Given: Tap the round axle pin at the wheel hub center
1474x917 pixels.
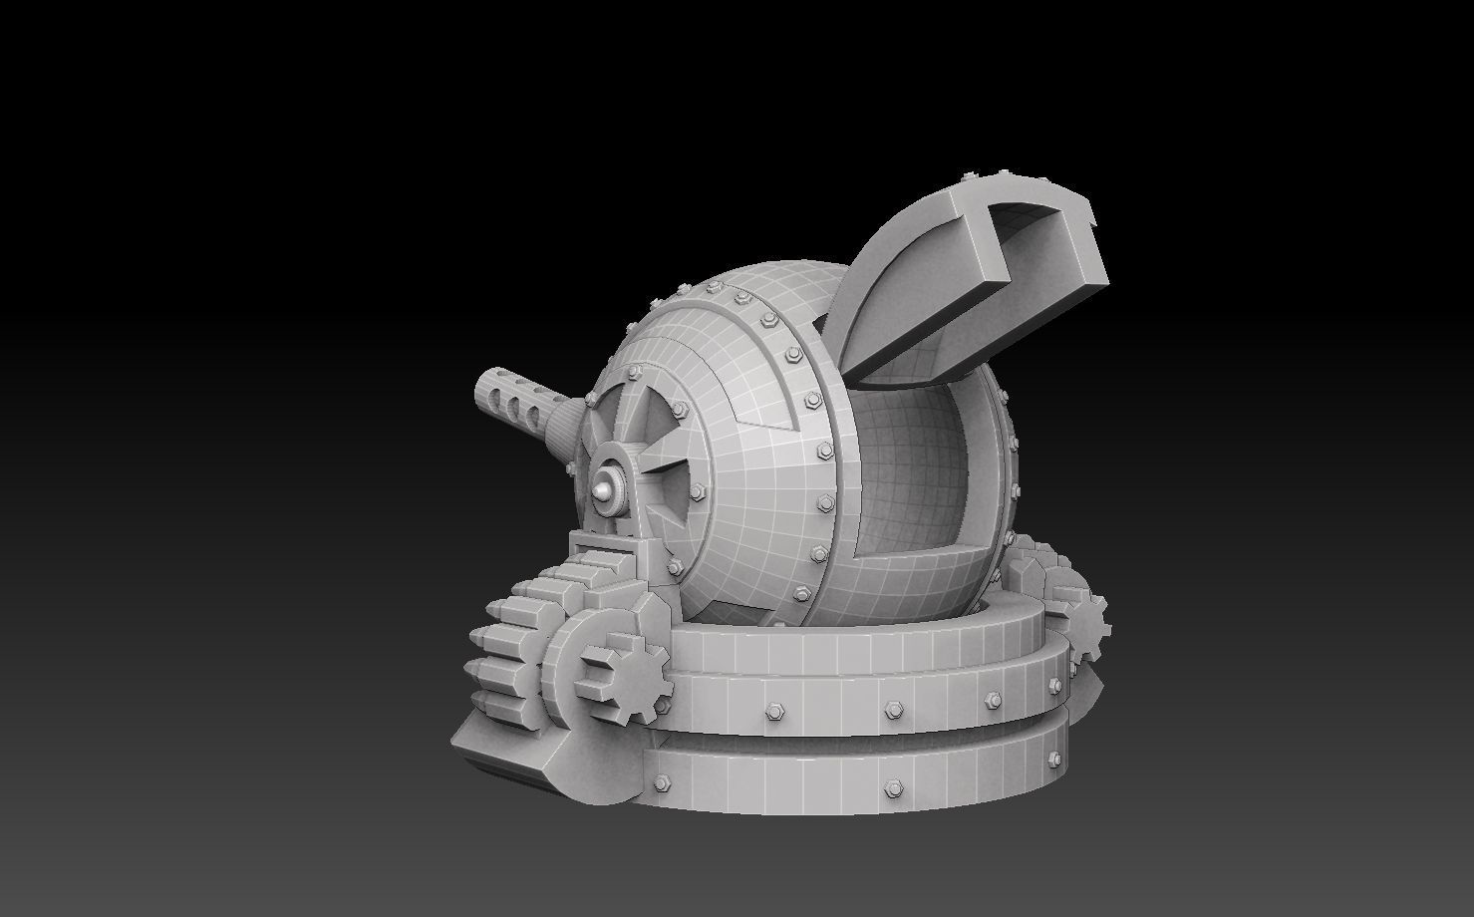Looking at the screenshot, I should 604,490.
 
